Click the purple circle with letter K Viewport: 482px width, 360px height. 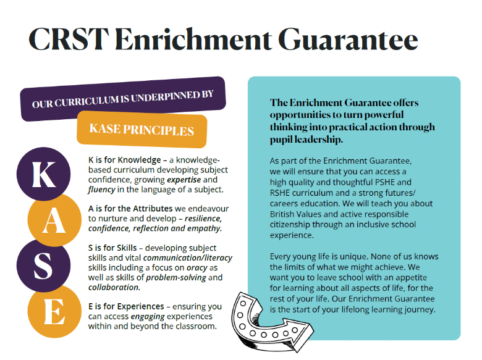pyautogui.click(x=43, y=174)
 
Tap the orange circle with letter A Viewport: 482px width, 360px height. pyautogui.click(x=54, y=220)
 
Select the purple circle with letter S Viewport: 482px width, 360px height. pyautogui.click(x=43, y=266)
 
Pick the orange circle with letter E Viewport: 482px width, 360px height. pyautogui.click(x=54, y=311)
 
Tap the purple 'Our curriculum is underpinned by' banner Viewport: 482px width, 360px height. pyautogui.click(x=123, y=99)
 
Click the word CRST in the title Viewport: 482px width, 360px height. pyautogui.click(x=69, y=40)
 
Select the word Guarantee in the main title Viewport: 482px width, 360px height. pyautogui.click(x=348, y=40)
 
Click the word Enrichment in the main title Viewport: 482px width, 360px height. pyautogui.click(x=193, y=40)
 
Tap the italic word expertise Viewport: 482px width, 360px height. pyautogui.click(x=184, y=180)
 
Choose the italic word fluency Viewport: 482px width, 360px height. pyautogui.click(x=101, y=190)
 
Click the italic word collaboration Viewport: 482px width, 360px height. pyautogui.click(x=114, y=287)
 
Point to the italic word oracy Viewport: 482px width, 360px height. pyautogui.click(x=197, y=268)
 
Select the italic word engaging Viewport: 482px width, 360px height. pyautogui.click(x=148, y=316)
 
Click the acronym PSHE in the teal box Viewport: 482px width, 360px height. pyautogui.click(x=385, y=182)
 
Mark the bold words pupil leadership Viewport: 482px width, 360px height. pyautogui.click(x=306, y=140)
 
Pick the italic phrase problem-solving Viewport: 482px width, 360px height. pyautogui.click(x=176, y=278)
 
